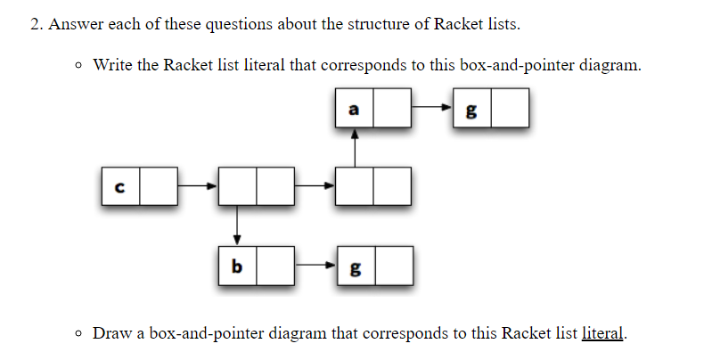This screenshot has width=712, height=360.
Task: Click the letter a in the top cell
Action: pyautogui.click(x=354, y=110)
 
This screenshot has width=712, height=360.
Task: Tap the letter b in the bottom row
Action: pyautogui.click(x=237, y=266)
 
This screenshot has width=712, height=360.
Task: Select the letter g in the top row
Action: pyautogui.click(x=471, y=111)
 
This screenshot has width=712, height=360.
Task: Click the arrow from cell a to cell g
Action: pyautogui.click(x=432, y=110)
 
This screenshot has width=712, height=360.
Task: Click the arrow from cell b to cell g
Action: pyautogui.click(x=315, y=266)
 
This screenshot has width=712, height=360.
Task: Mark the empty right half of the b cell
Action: pyautogui.click(x=275, y=266)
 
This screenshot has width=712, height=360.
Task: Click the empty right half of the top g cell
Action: pyautogui.click(x=510, y=110)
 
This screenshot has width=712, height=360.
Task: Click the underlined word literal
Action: pyautogui.click(x=603, y=334)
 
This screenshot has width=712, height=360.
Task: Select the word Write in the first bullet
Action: pyautogui.click(x=112, y=65)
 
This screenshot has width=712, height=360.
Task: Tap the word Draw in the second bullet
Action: pyautogui.click(x=111, y=334)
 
